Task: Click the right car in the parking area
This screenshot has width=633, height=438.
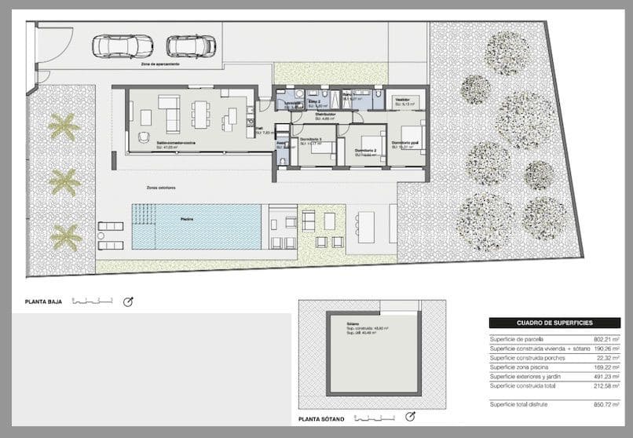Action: pyautogui.click(x=190, y=46)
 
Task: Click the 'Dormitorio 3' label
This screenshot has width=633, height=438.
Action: pyautogui.click(x=312, y=139)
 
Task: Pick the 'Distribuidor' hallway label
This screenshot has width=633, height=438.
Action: pyautogui.click(x=327, y=115)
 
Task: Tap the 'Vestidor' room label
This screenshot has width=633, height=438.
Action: pyautogui.click(x=403, y=100)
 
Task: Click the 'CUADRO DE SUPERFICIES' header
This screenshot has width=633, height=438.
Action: pyautogui.click(x=554, y=323)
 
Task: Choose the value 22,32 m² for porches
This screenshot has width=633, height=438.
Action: pyautogui.click(x=605, y=357)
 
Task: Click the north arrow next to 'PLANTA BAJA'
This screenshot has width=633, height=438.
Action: pyautogui.click(x=128, y=301)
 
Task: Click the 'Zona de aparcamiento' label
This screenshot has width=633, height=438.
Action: pyautogui.click(x=160, y=64)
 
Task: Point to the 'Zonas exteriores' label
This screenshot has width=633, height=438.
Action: pyautogui.click(x=161, y=188)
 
